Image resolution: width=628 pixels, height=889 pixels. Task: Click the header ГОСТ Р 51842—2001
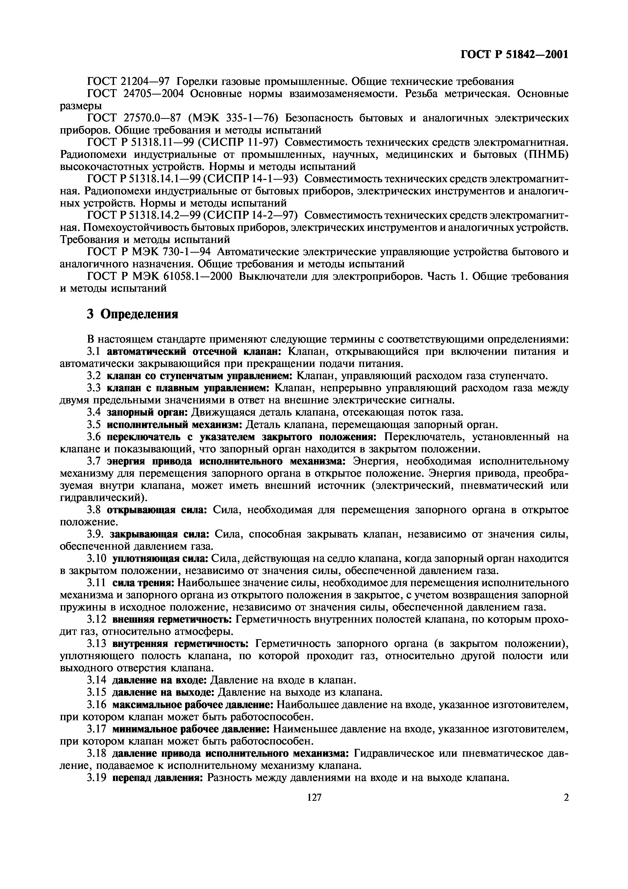click(514, 54)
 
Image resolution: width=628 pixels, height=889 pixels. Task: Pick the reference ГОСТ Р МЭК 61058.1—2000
click(160, 276)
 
